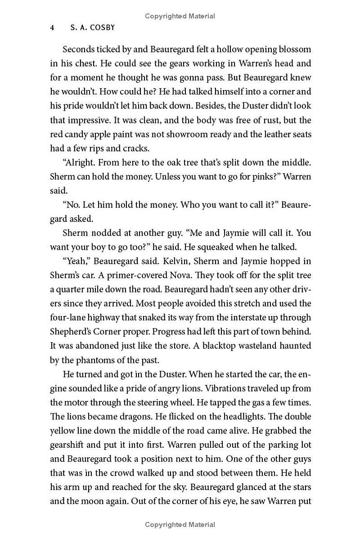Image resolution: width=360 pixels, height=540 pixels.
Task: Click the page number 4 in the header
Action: click(x=52, y=27)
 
